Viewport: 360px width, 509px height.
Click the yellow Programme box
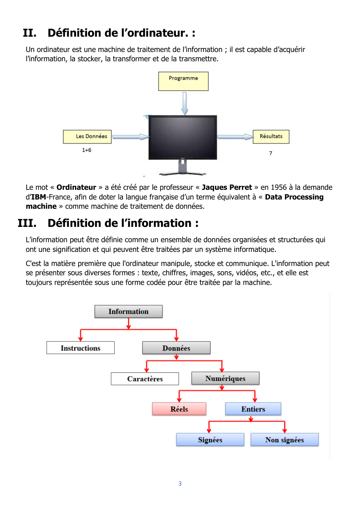click(x=183, y=81)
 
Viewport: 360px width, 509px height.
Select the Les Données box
click(x=87, y=137)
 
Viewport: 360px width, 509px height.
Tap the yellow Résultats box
click(x=271, y=137)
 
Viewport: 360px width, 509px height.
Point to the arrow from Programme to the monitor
click(x=185, y=104)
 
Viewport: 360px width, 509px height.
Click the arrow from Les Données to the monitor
click(x=131, y=137)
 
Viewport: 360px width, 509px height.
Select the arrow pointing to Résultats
click(x=235, y=137)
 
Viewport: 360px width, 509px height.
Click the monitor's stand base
click(x=183, y=174)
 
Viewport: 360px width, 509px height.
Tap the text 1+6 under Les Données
click(x=87, y=150)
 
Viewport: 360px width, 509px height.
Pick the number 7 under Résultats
click(x=271, y=153)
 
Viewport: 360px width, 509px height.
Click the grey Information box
click(x=129, y=311)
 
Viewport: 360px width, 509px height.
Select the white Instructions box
click(x=81, y=348)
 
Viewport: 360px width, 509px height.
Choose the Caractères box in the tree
click(x=145, y=378)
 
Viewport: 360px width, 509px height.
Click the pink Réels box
click(x=179, y=409)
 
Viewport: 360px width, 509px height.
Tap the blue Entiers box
click(x=253, y=409)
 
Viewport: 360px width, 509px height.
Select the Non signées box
click(x=285, y=440)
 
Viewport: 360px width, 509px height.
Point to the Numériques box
click(x=225, y=378)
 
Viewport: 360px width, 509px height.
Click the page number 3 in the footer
click(x=180, y=484)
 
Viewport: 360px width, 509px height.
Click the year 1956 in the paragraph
click(x=279, y=187)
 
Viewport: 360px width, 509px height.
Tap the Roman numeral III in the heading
click(x=27, y=223)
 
